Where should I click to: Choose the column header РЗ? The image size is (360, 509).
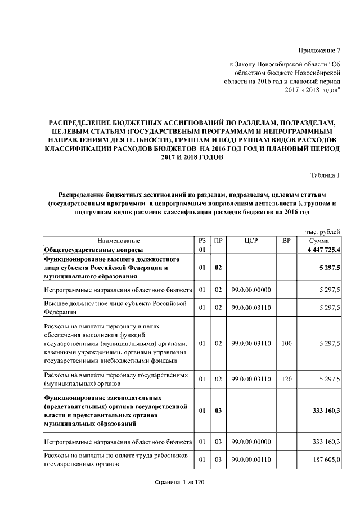[x=202, y=241]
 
